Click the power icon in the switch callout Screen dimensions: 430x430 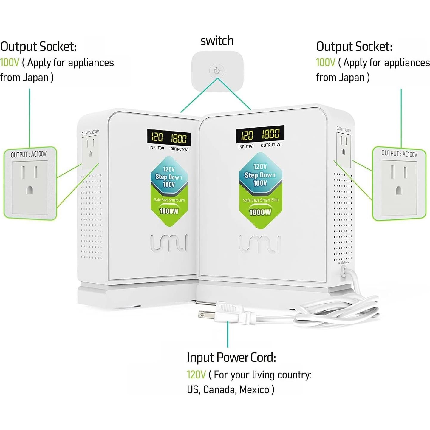[217, 71]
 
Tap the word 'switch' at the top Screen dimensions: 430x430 [217, 41]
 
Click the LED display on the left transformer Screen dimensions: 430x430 [169, 137]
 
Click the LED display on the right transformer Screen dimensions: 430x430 [260, 134]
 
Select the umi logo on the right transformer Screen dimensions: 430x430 [260, 244]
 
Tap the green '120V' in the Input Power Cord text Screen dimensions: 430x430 [196, 375]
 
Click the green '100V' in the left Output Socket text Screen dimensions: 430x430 [10, 63]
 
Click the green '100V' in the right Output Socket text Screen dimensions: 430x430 [326, 63]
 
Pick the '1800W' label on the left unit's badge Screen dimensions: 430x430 [169, 211]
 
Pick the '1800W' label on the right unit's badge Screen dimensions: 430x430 [260, 212]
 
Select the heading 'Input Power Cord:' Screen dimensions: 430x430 [231, 357]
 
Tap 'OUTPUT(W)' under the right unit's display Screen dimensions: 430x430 [271, 145]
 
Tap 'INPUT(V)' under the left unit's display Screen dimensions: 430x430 [157, 148]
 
